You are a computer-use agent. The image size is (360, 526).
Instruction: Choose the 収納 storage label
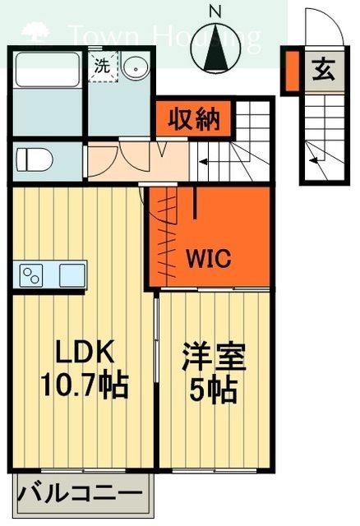(194, 120)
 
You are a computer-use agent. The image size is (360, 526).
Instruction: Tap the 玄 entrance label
(323, 71)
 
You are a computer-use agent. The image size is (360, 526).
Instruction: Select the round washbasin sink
(135, 68)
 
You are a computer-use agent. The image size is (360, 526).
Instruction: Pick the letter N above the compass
(215, 12)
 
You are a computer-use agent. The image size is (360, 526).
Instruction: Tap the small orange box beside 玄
(291, 71)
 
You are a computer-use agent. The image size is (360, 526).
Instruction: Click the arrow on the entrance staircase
(316, 152)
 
